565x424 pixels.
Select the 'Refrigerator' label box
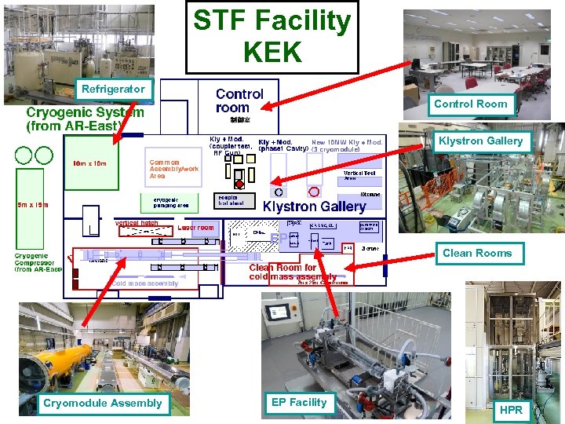(114, 89)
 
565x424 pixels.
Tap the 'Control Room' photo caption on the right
(471, 104)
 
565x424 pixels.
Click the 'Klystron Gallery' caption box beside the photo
(480, 141)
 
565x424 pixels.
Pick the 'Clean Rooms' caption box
(476, 253)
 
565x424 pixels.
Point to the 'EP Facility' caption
(298, 402)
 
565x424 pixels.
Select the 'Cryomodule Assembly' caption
(103, 403)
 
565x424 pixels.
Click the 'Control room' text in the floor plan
(239, 101)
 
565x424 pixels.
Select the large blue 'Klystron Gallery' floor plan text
(314, 207)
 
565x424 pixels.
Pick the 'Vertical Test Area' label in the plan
(359, 176)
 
